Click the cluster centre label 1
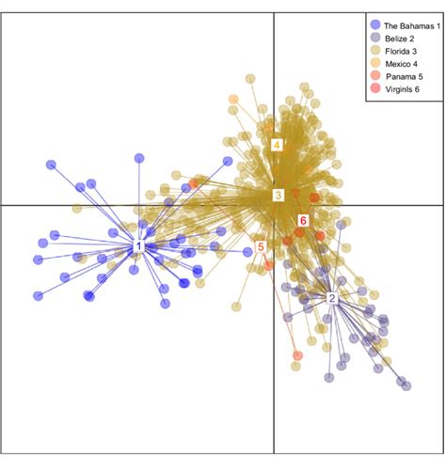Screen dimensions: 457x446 (x=138, y=246)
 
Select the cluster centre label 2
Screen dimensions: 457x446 (x=332, y=298)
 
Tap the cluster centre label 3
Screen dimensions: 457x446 (x=278, y=196)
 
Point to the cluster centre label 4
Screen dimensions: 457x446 (x=277, y=145)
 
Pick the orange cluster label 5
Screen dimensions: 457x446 (x=261, y=246)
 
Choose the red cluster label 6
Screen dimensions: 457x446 (x=303, y=220)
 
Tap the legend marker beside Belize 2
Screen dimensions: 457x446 (x=375, y=38)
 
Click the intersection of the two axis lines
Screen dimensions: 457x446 (x=273, y=205)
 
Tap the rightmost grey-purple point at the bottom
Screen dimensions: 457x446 (x=406, y=385)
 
